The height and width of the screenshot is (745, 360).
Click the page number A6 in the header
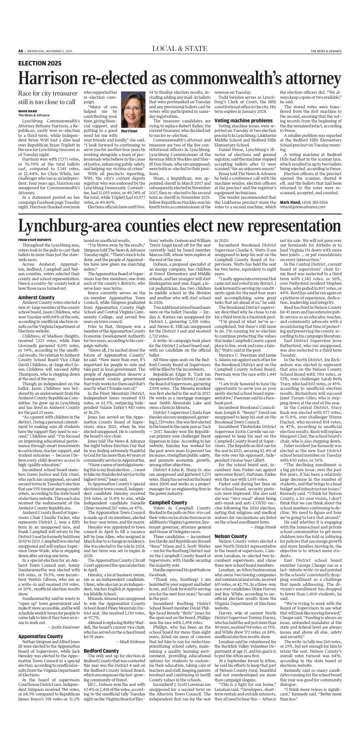tap(21, 51)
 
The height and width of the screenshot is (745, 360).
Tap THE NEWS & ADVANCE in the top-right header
tap(326, 51)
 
